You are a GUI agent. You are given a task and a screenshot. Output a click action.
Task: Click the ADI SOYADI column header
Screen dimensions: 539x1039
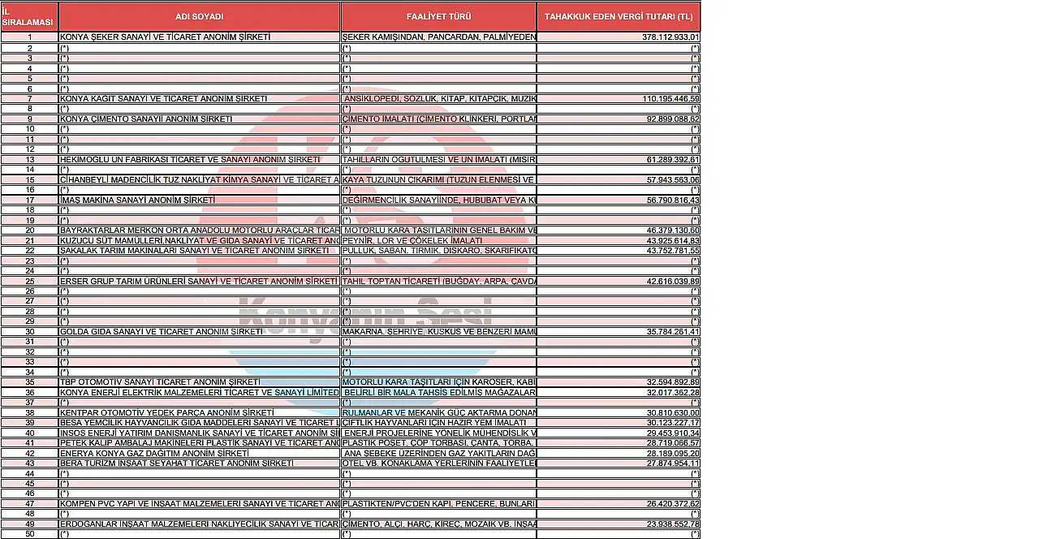pyautogui.click(x=199, y=16)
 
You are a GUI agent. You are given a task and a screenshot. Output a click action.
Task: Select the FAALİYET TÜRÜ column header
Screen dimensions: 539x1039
pyautogui.click(x=438, y=16)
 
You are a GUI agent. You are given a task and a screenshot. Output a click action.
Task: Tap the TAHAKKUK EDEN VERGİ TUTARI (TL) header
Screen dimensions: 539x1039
pyautogui.click(x=619, y=16)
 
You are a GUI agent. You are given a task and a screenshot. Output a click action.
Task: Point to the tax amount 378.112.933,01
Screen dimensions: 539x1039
pyautogui.click(x=670, y=37)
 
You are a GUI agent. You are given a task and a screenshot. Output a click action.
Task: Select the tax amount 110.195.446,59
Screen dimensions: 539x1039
pyautogui.click(x=670, y=98)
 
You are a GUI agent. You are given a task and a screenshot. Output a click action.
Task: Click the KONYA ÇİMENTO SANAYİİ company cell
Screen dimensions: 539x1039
pyautogui.click(x=146, y=119)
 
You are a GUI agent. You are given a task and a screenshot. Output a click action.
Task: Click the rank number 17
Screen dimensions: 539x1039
pyautogui.click(x=30, y=200)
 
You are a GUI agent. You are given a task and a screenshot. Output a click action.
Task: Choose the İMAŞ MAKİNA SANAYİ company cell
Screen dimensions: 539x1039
pyautogui.click(x=138, y=200)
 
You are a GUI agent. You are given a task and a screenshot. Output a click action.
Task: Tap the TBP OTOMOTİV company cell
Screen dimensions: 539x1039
pyautogui.click(x=160, y=382)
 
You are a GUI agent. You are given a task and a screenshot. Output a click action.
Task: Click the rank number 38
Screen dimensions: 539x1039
pyautogui.click(x=30, y=412)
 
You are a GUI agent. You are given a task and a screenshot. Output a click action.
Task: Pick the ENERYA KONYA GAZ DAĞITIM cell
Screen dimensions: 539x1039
pyautogui.click(x=154, y=453)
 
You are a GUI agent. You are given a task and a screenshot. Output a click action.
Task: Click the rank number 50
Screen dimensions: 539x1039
pyautogui.click(x=30, y=533)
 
